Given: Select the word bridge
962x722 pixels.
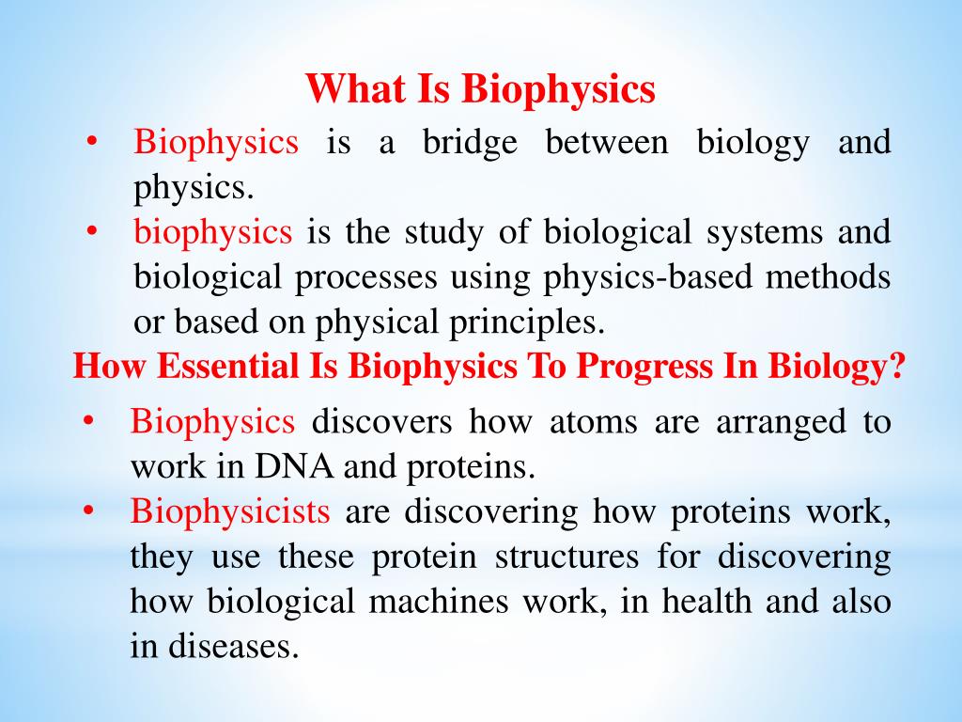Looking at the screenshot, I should (x=469, y=143).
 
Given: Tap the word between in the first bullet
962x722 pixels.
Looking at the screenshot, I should (x=607, y=143).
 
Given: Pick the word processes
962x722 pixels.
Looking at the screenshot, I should (x=370, y=277).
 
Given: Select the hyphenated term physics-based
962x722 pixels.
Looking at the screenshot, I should (x=622, y=277).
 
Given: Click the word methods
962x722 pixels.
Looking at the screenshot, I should (x=831, y=277).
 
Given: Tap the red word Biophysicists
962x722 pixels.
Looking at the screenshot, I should (x=230, y=511).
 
